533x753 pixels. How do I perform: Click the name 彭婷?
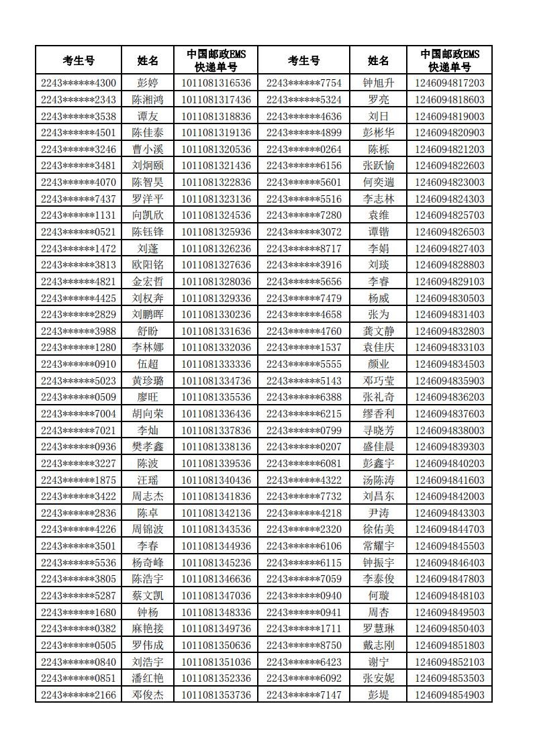[x=148, y=83]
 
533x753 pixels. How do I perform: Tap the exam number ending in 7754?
[x=303, y=83]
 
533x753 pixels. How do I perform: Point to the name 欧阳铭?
[x=148, y=265]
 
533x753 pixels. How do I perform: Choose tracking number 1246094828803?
[x=449, y=265]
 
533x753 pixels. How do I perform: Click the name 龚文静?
[x=379, y=331]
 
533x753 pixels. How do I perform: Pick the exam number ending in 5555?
[x=303, y=364]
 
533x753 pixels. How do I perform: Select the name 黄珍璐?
[x=148, y=381]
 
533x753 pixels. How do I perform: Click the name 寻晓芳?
[x=379, y=430]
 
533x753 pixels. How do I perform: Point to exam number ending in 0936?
[x=79, y=446]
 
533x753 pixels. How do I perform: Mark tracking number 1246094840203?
[x=449, y=463]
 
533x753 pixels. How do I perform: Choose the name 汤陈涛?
[x=379, y=480]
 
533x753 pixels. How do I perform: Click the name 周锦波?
[x=148, y=530]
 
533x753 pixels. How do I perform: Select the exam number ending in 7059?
[x=303, y=579]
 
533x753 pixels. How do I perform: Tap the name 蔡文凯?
[x=148, y=595]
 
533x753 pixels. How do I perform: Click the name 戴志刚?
[x=379, y=645]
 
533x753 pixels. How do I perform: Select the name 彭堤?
[x=379, y=695]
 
